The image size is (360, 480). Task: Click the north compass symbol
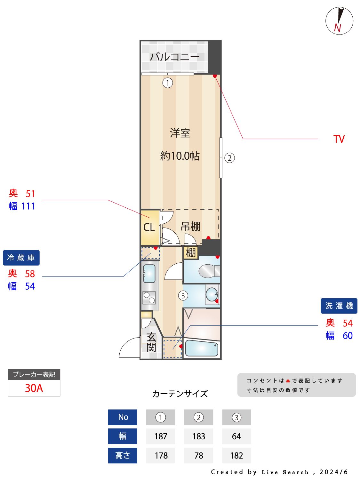[x=339, y=21]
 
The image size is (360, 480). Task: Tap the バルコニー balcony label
[x=174, y=57]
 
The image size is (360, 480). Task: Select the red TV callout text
[x=339, y=139]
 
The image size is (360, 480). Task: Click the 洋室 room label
[x=180, y=133]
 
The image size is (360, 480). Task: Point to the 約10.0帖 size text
[x=180, y=156]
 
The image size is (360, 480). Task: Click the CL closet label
[x=149, y=227]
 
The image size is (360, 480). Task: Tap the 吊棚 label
[x=190, y=227]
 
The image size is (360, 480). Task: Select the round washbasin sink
[x=212, y=294]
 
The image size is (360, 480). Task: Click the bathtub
[x=202, y=348]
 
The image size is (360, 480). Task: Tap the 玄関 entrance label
[x=151, y=342]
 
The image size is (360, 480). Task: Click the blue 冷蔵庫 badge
[x=21, y=258]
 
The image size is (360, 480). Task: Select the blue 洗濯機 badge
[x=339, y=306]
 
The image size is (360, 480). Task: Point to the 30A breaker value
[x=34, y=388]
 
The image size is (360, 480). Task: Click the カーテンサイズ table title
[x=180, y=394]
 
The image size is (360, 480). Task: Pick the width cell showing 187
[x=161, y=436]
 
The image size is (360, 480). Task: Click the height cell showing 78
[x=198, y=455]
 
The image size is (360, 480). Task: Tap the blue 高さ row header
[x=123, y=455]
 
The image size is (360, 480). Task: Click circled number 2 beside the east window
[x=229, y=158]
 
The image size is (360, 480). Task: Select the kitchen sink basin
[x=149, y=274]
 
